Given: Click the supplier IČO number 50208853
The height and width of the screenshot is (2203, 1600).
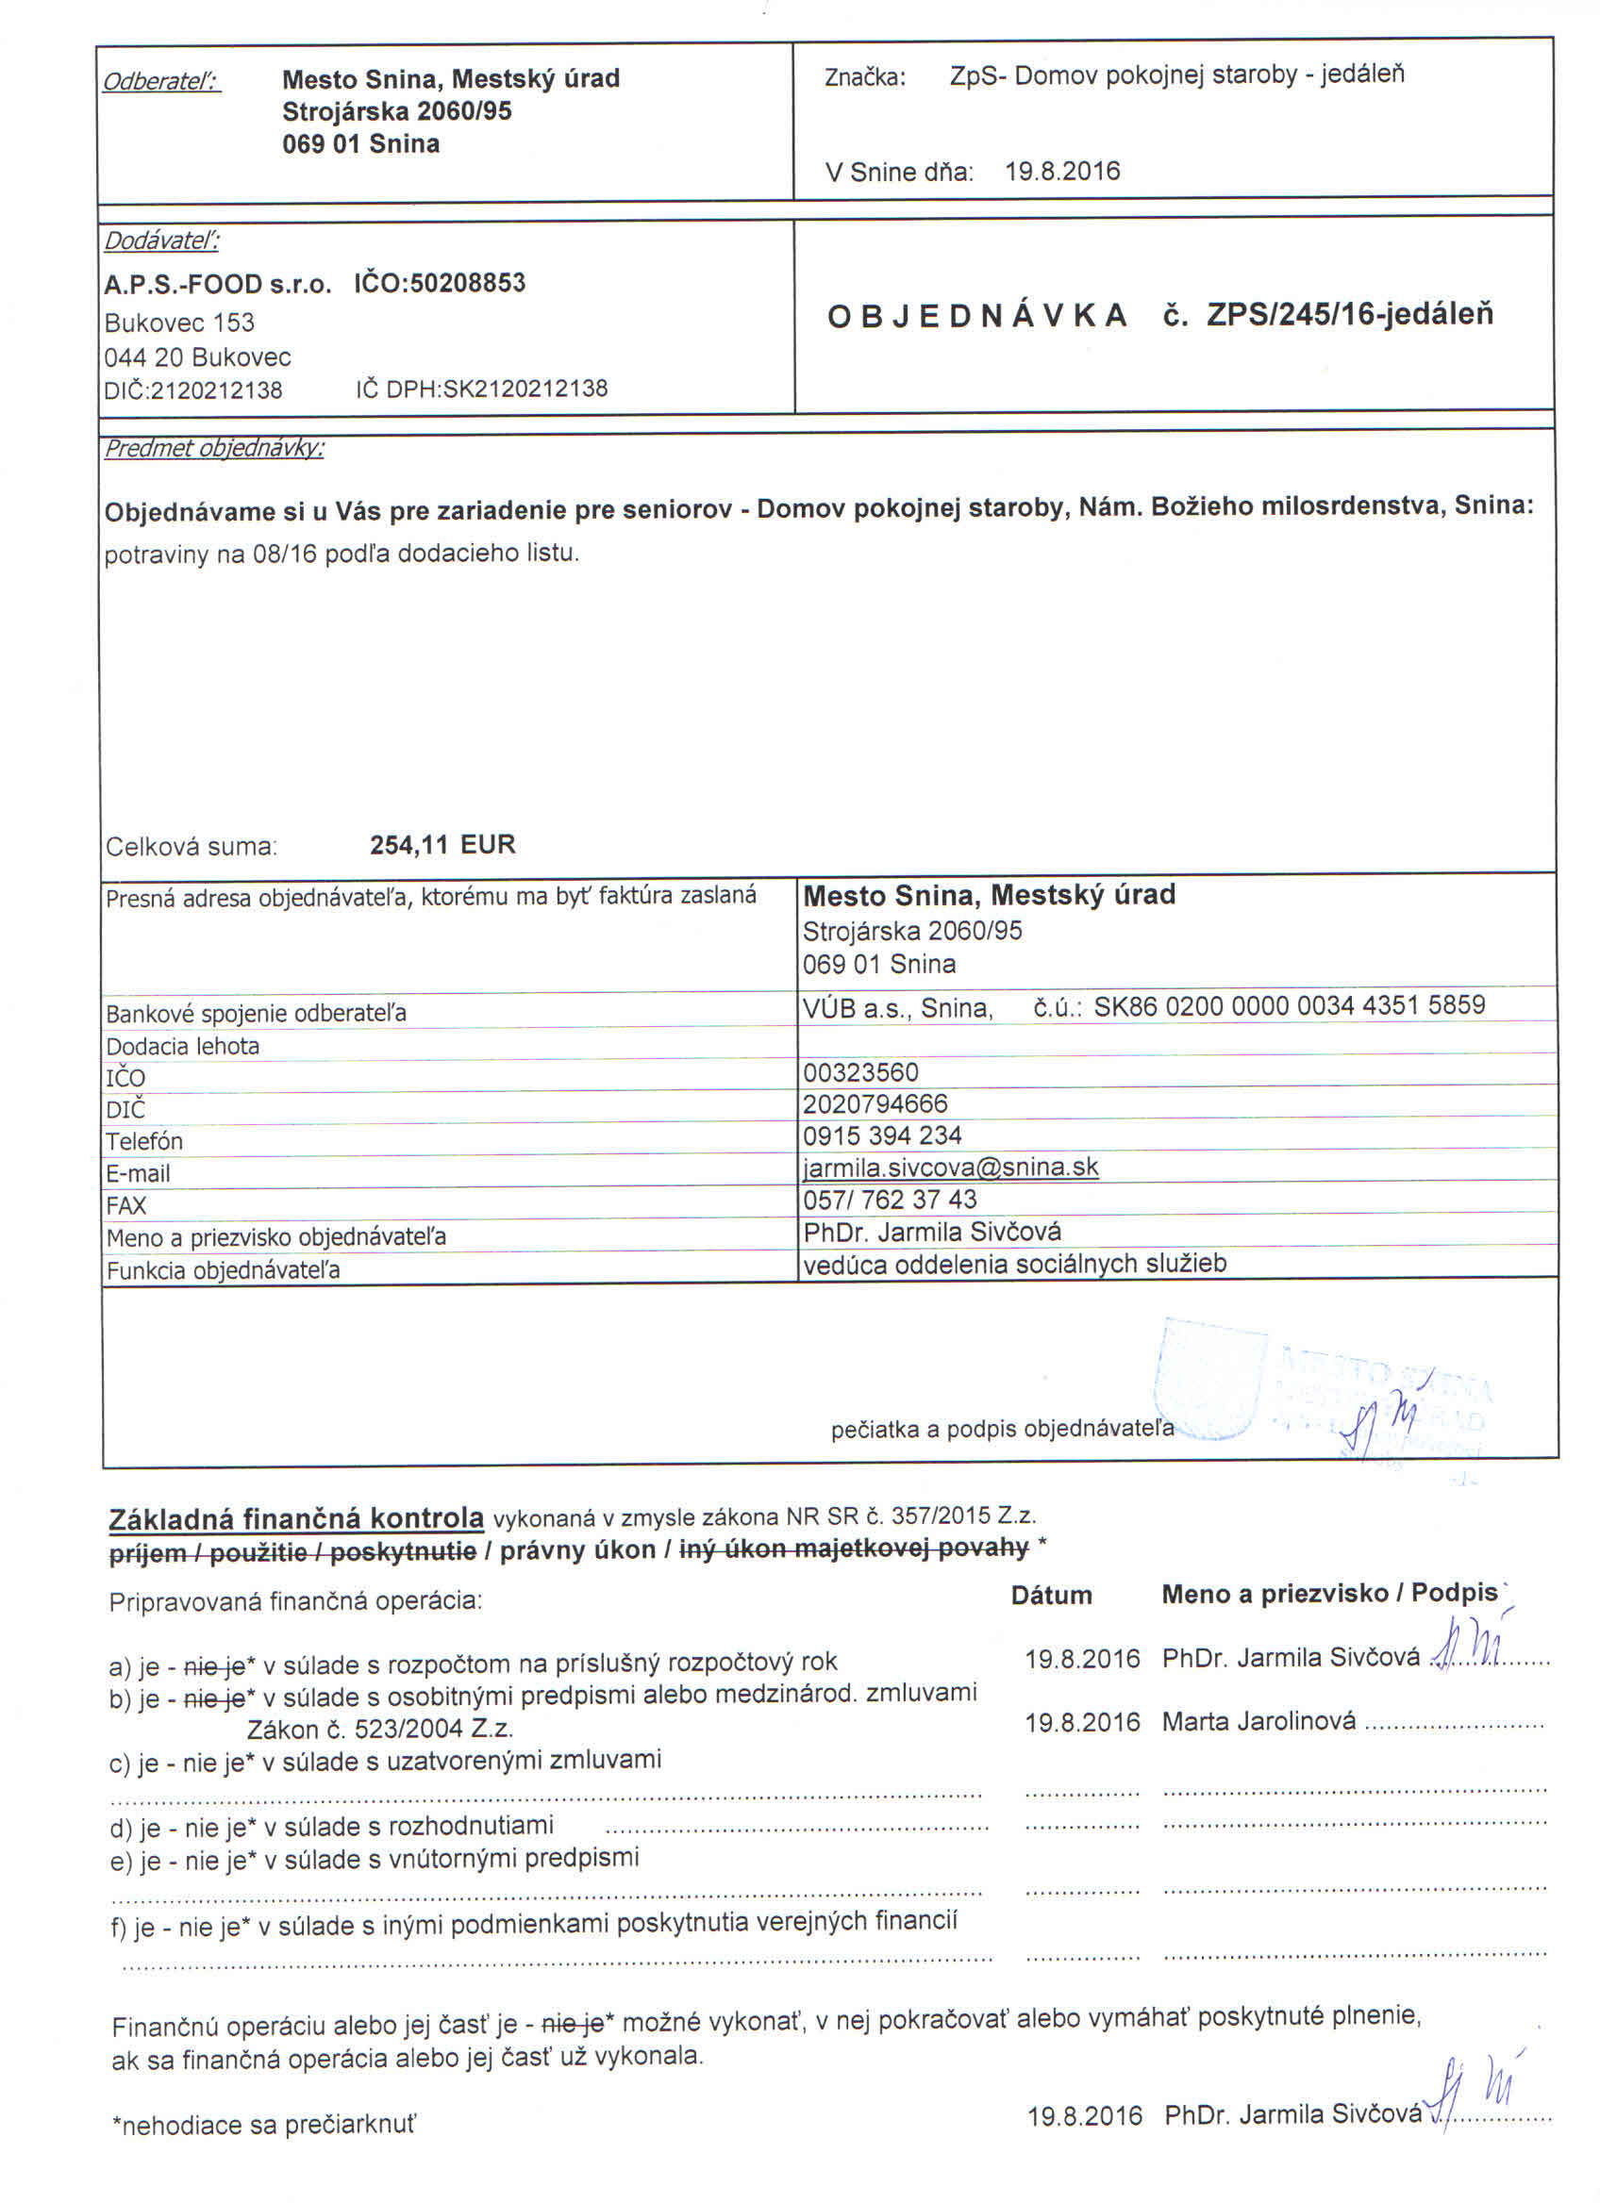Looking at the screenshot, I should point(467,283).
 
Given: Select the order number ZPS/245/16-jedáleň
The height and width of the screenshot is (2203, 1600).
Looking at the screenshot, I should point(1349,315).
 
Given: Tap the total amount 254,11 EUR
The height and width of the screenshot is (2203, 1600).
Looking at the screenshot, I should point(442,844).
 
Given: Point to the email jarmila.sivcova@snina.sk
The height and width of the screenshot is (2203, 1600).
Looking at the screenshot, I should point(950,1167).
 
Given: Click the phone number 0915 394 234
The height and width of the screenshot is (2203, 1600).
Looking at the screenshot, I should point(882,1135).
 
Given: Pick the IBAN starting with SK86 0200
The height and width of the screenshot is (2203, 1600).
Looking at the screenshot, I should point(1289,1005).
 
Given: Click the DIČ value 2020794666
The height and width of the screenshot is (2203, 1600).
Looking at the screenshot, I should point(875,1103).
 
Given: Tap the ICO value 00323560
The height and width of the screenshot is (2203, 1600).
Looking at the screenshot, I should point(860,1072).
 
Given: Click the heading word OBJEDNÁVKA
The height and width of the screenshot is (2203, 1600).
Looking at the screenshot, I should point(976,316).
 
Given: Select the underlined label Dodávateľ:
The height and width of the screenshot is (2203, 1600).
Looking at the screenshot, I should point(161,240).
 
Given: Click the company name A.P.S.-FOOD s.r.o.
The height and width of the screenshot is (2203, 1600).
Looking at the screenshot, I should point(218,285).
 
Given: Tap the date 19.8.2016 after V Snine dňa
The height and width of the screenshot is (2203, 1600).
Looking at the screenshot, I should point(1062,171).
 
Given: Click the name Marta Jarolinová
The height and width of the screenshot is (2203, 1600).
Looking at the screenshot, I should point(1258,1721).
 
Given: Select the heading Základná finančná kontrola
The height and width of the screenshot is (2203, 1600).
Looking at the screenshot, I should point(296,1518).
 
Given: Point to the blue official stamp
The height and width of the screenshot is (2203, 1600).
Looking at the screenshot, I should point(1321,1389).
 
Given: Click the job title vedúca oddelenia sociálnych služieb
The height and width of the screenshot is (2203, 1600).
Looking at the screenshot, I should point(1014,1263).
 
